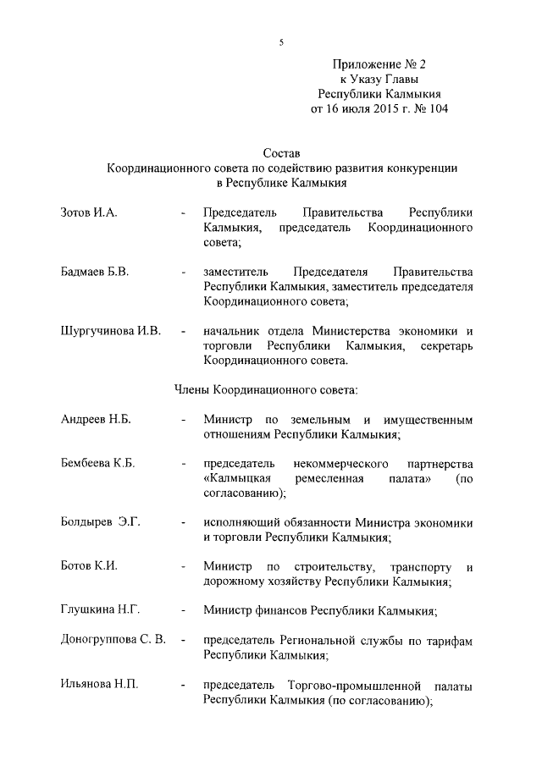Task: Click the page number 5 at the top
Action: (x=280, y=42)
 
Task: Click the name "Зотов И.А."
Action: (x=89, y=212)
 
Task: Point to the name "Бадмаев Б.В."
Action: (x=95, y=272)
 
